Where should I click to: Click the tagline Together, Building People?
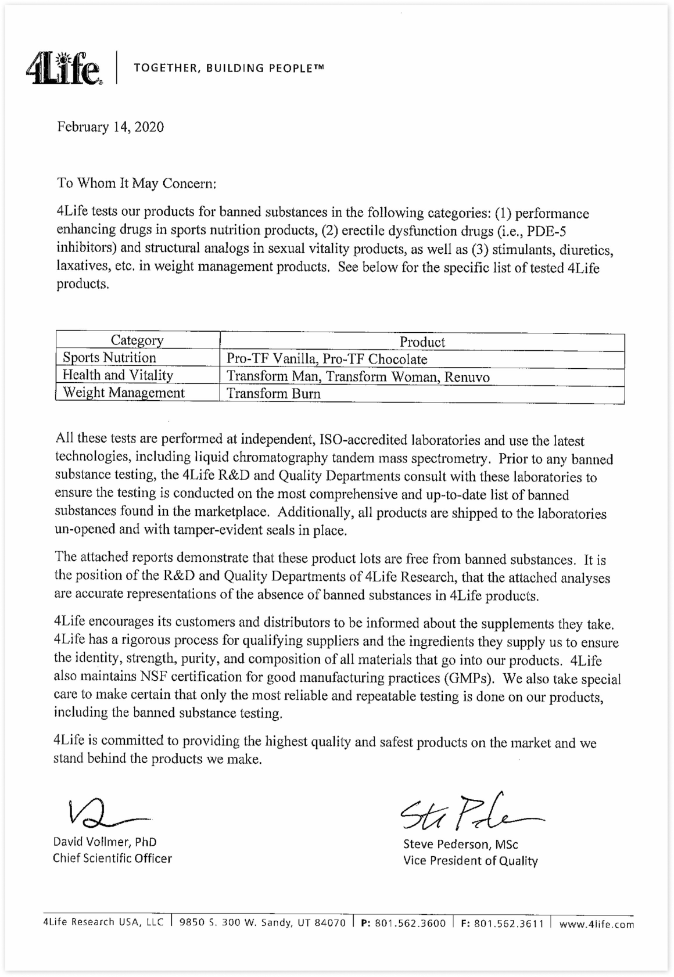point(228,69)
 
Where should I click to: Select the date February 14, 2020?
point(110,127)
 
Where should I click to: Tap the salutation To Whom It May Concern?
point(137,184)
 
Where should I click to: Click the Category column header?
point(137,340)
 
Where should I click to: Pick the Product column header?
point(422,342)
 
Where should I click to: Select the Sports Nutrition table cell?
point(109,358)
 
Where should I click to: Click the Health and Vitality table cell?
point(117,375)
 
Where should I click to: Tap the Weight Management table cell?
point(123,393)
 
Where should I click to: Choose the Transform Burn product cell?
point(273,394)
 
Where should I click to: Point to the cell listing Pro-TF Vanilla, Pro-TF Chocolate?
point(327,360)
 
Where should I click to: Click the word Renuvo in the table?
point(467,377)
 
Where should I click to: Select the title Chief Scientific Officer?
point(112,859)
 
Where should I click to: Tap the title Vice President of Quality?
point(470,861)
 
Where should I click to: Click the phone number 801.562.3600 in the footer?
point(410,923)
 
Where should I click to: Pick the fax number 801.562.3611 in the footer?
point(508,923)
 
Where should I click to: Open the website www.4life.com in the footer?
point(596,924)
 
